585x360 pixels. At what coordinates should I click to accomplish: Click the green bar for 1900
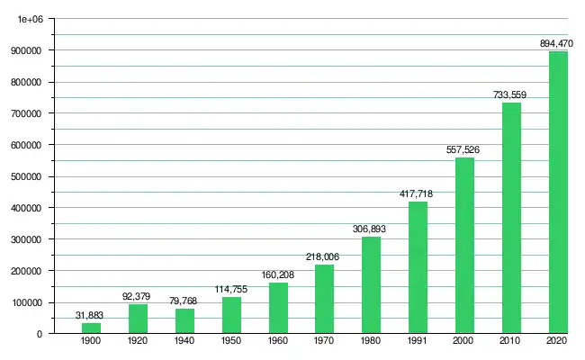[91, 328]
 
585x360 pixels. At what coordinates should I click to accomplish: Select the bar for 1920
[138, 319]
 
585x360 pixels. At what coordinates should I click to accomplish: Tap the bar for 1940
[184, 321]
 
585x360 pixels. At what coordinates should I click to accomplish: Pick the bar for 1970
[324, 299]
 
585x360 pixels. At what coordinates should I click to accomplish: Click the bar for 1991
[418, 267]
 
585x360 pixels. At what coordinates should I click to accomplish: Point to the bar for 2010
[511, 218]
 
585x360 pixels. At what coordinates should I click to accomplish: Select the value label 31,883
[91, 314]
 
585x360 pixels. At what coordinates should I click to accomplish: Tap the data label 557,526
[464, 149]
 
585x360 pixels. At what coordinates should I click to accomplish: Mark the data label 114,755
[231, 288]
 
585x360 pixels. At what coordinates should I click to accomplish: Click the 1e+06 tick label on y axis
[30, 19]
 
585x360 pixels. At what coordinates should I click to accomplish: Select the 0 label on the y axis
[40, 334]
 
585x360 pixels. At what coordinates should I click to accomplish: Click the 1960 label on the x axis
[278, 343]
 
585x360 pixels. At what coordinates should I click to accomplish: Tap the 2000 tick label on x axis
[464, 343]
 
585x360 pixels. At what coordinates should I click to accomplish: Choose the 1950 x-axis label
[231, 343]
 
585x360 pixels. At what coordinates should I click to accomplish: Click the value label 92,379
[138, 295]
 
